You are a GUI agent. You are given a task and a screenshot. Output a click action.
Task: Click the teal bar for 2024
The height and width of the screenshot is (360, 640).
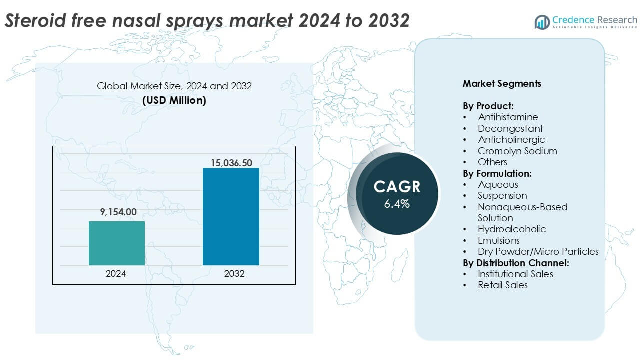pyautogui.click(x=117, y=243)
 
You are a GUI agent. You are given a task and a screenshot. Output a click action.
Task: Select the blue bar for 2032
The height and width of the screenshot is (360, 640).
pyautogui.click(x=231, y=216)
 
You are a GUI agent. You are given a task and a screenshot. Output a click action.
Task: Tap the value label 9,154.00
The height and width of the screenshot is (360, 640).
pyautogui.click(x=118, y=212)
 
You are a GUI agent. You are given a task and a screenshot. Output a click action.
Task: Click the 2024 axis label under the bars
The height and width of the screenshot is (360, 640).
pyautogui.click(x=116, y=274)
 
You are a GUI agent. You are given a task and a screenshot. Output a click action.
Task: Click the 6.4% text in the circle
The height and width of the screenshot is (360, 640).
pyautogui.click(x=397, y=204)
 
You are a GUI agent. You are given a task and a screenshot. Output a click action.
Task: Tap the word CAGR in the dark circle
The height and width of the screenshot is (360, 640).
pyautogui.click(x=397, y=187)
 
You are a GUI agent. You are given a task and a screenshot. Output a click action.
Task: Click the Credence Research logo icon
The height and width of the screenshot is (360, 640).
pyautogui.click(x=542, y=21)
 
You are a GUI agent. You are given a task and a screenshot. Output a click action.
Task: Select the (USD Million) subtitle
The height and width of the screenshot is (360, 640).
pyautogui.click(x=174, y=100)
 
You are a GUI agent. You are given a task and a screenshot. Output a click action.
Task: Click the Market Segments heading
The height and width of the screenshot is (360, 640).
pyautogui.click(x=502, y=83)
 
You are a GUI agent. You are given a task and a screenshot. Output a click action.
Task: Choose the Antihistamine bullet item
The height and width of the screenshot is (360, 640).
pyautogui.click(x=508, y=117)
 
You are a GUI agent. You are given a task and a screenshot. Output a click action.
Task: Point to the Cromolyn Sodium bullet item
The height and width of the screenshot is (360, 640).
pyautogui.click(x=517, y=151)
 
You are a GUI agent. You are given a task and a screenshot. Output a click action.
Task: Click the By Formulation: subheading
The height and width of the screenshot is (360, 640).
pyautogui.click(x=497, y=173)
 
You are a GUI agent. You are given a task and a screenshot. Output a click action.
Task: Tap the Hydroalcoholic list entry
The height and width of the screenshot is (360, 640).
pyautogui.click(x=512, y=229)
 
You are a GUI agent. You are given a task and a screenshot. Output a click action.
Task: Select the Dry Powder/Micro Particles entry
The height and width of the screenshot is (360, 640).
pyautogui.click(x=538, y=251)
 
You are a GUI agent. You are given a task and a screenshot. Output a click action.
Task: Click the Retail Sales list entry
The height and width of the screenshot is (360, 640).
pyautogui.click(x=502, y=285)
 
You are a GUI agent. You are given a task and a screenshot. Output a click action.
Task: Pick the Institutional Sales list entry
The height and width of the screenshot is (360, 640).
pyautogui.click(x=515, y=274)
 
